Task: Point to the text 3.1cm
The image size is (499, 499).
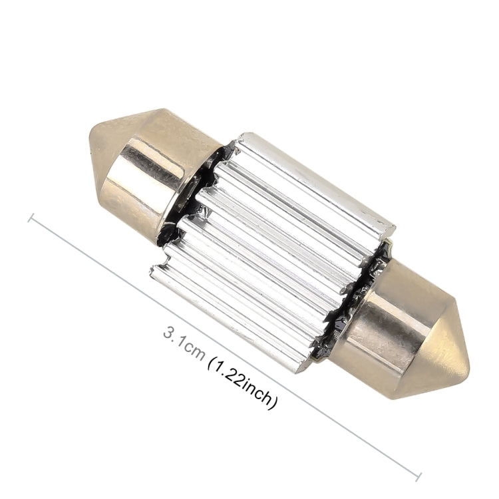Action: (183, 340)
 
